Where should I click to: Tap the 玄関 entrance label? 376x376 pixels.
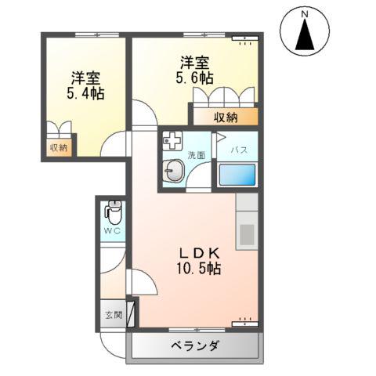click(114, 316)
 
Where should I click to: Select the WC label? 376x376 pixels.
click(112, 232)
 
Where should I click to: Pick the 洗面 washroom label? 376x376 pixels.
click(197, 154)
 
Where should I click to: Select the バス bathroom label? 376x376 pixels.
click(240, 150)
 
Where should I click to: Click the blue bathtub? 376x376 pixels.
click(238, 174)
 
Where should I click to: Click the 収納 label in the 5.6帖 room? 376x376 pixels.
click(226, 117)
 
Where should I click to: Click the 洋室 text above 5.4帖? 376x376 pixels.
click(86, 78)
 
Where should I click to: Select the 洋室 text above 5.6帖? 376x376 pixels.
click(195, 61)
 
